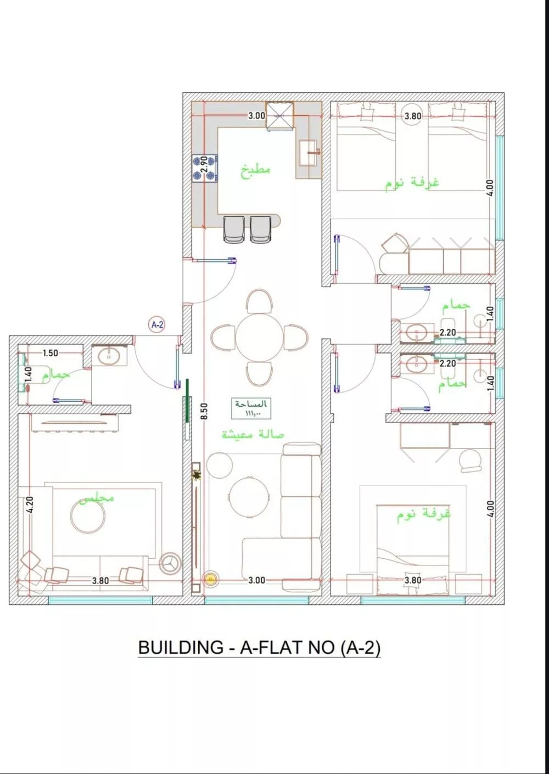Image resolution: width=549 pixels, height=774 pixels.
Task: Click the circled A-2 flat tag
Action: tap(157, 325)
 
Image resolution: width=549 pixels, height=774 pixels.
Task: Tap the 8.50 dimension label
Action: tap(205, 411)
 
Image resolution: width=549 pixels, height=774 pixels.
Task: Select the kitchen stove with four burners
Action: tap(205, 169)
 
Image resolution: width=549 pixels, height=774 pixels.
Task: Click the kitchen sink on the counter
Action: tap(308, 153)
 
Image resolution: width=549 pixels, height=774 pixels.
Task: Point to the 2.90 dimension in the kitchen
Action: tap(204, 164)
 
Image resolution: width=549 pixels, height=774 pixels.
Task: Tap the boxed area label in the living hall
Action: tap(251, 408)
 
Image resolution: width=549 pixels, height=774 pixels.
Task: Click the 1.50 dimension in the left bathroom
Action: tap(51, 353)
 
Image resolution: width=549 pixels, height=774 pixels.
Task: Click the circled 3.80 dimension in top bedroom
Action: tap(413, 116)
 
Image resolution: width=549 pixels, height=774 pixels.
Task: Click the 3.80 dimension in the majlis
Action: tap(100, 581)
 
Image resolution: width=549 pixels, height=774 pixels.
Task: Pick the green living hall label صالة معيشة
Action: tap(253, 434)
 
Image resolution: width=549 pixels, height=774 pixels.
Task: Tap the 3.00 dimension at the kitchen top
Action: tap(256, 116)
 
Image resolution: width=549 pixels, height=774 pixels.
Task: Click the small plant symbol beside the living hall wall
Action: tap(197, 476)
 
